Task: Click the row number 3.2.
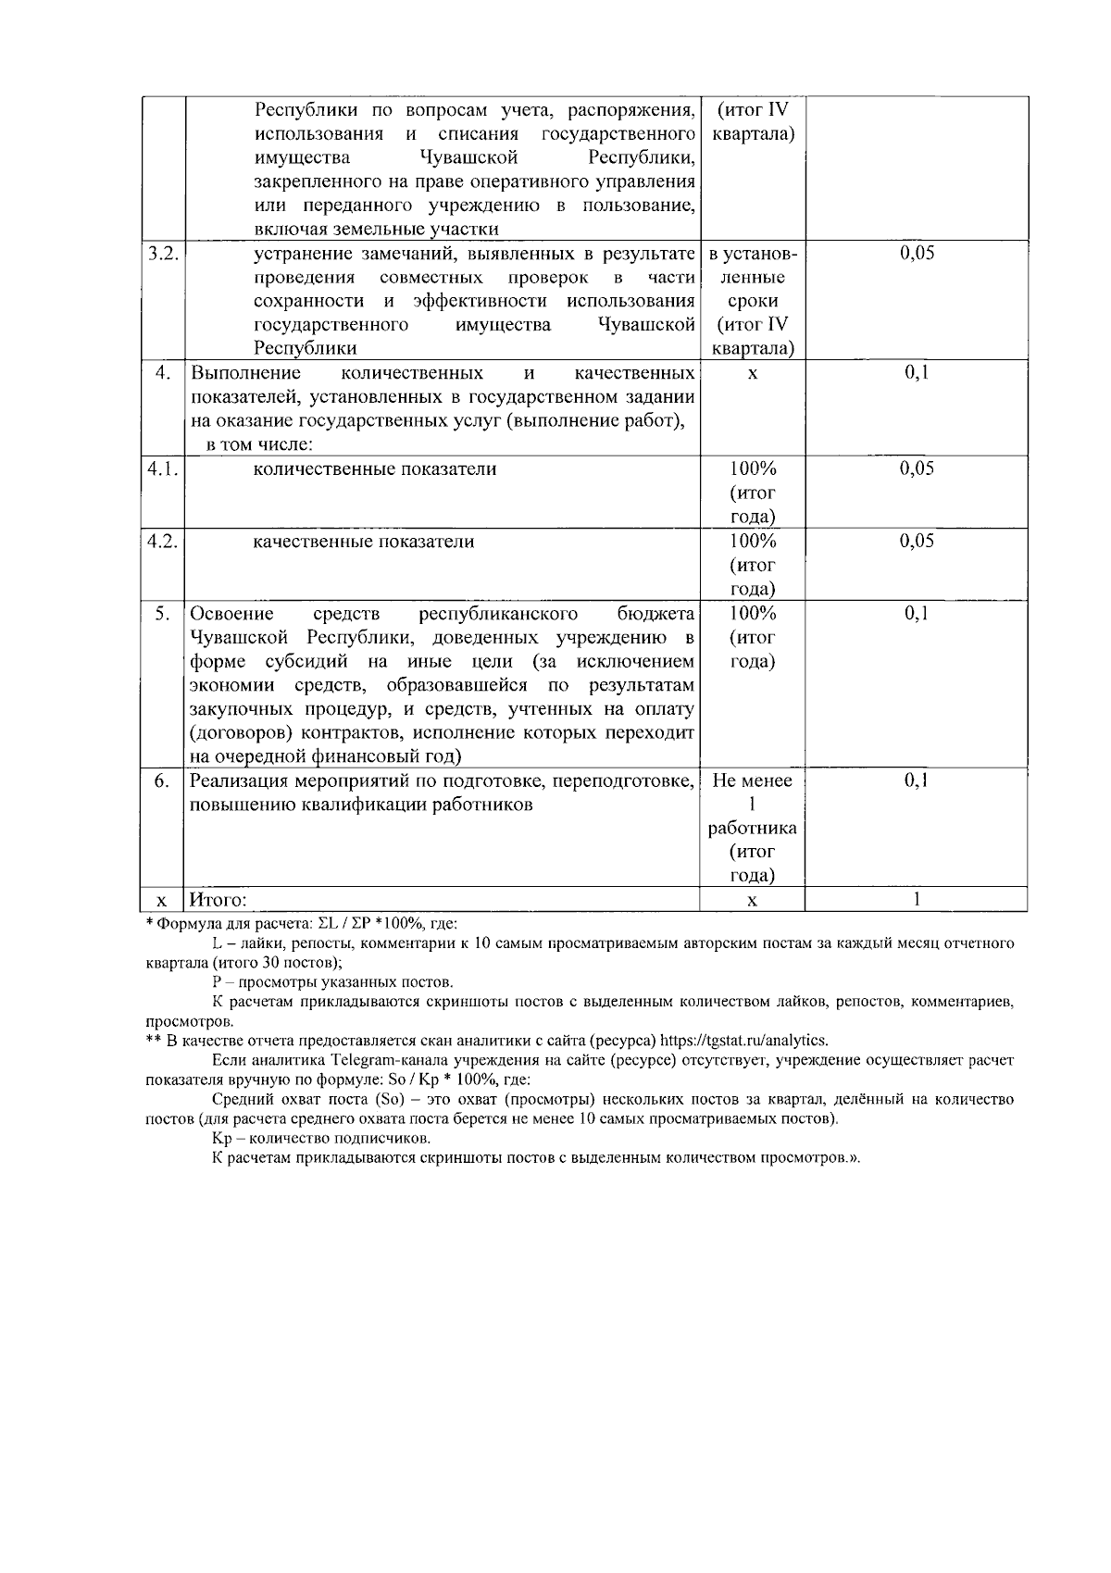pyautogui.click(x=162, y=254)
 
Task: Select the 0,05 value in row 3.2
pyautogui.click(x=917, y=254)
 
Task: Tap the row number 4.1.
pyautogui.click(x=162, y=468)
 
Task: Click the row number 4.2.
pyautogui.click(x=162, y=541)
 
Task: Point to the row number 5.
pyautogui.click(x=162, y=613)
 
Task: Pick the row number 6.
pyautogui.click(x=162, y=780)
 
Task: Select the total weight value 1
pyautogui.click(x=917, y=898)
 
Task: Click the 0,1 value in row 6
pyautogui.click(x=917, y=780)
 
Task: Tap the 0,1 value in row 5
pyautogui.click(x=917, y=613)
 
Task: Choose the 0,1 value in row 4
pyautogui.click(x=917, y=372)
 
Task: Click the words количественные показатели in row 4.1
pyautogui.click(x=375, y=468)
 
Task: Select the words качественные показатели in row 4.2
pyautogui.click(x=364, y=541)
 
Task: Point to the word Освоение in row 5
pyautogui.click(x=231, y=613)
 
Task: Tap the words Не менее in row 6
pyautogui.click(x=752, y=780)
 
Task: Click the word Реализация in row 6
pyautogui.click(x=237, y=780)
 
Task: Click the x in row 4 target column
pyautogui.click(x=752, y=373)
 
